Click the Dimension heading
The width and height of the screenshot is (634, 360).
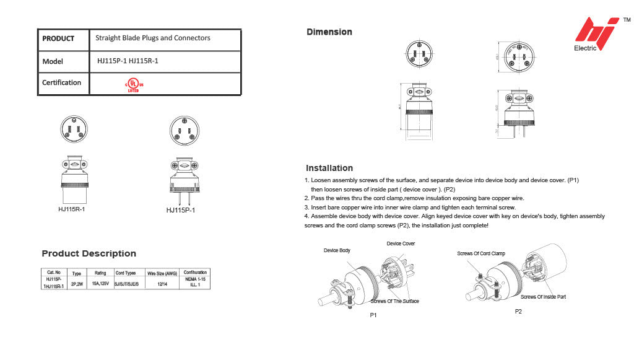tap(329, 32)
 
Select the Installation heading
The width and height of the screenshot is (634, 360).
tap(329, 168)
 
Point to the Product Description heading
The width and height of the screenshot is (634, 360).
tap(89, 253)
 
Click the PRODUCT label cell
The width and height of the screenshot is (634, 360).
tap(58, 38)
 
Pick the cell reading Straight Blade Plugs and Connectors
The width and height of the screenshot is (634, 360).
tap(153, 38)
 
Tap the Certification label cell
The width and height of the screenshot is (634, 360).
tap(62, 82)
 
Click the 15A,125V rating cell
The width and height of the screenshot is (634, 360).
tap(100, 283)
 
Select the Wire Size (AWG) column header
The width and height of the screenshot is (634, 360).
tap(162, 273)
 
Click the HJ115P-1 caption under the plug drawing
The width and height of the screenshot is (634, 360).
tap(181, 211)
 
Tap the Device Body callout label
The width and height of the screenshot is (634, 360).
tap(337, 250)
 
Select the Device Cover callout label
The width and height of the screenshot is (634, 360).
tap(401, 244)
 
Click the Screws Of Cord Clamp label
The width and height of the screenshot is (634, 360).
tap(481, 253)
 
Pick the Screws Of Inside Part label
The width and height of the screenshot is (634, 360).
tap(542, 297)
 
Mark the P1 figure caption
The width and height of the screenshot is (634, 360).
tap(373, 315)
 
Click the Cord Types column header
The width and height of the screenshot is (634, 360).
tap(126, 273)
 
